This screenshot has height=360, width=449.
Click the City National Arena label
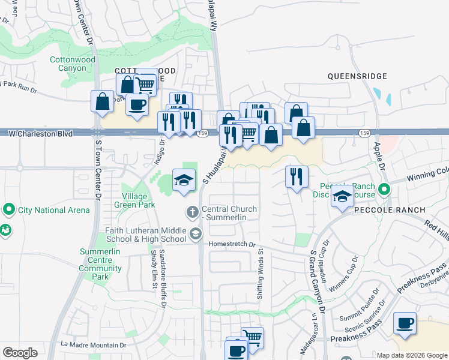tap(54, 210)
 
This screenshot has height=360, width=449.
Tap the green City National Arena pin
tap(8, 210)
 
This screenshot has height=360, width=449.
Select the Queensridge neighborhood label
tap(357, 76)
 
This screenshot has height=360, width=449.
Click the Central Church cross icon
tap(192, 211)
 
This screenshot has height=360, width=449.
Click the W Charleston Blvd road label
tap(41, 133)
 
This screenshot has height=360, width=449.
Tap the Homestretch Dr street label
tap(232, 245)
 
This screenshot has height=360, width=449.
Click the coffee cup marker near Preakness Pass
tap(405, 323)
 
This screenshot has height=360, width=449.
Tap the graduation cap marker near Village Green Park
tap(184, 179)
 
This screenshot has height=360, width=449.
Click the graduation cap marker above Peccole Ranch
tap(342, 196)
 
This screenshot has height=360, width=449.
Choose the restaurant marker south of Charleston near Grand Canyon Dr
tap(297, 176)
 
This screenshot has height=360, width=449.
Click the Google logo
tap(20, 352)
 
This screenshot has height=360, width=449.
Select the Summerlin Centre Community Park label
tap(100, 265)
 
